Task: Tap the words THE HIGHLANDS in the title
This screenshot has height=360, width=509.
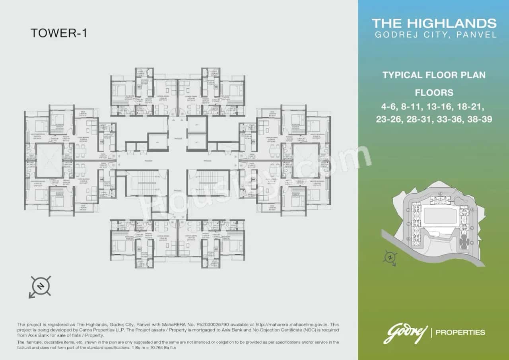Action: pyautogui.click(x=434, y=23)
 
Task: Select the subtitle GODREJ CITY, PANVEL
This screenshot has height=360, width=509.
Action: pyautogui.click(x=436, y=35)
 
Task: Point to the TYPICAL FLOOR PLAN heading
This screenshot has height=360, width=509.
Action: pyautogui.click(x=434, y=75)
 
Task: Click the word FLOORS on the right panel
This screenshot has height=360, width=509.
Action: pyautogui.click(x=434, y=93)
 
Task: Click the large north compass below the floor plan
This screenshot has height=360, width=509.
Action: pyautogui.click(x=40, y=286)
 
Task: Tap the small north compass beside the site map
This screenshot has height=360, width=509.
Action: pyautogui.click(x=390, y=258)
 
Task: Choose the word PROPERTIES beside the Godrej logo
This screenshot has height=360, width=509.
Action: pyautogui.click(x=460, y=332)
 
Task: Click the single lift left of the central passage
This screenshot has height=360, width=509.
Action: pyautogui.click(x=158, y=142)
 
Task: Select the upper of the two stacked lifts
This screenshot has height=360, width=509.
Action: pyautogui.click(x=196, y=125)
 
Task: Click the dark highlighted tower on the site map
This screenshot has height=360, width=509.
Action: pyautogui.click(x=464, y=241)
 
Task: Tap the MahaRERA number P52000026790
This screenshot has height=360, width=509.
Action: pyautogui.click(x=215, y=325)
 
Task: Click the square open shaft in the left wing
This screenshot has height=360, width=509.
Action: pyautogui.click(x=49, y=160)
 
